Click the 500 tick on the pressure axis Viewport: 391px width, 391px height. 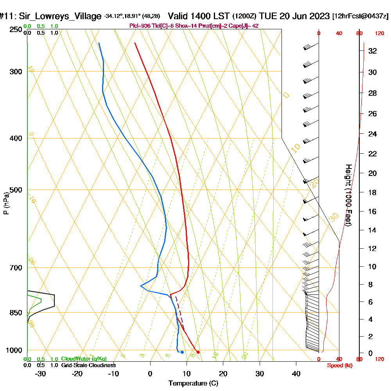click(x=14, y=190)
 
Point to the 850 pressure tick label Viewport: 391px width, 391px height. click(x=14, y=313)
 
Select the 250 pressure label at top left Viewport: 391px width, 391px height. click(x=14, y=30)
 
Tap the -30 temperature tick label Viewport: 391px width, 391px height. click(x=41, y=373)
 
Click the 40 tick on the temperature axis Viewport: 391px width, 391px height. click(x=296, y=373)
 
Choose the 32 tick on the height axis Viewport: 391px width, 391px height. click(x=373, y=51)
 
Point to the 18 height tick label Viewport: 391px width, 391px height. click(x=373, y=192)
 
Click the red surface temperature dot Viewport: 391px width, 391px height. click(x=198, y=352)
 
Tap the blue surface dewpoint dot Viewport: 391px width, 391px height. click(x=182, y=352)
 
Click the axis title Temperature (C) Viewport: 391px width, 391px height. click(x=193, y=384)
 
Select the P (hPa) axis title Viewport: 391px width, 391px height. click(x=6, y=203)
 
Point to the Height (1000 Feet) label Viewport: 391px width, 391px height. click(x=348, y=195)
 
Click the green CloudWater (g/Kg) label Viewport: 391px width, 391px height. click(x=84, y=359)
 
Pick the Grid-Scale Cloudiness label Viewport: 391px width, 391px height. click(x=88, y=365)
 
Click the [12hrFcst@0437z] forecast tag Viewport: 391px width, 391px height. click(x=360, y=16)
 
